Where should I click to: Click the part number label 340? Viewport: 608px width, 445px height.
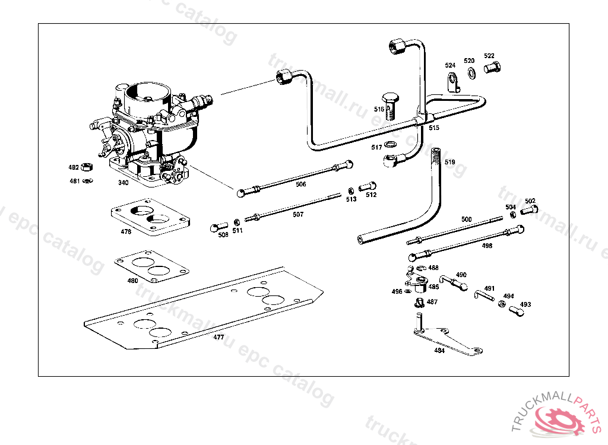[x=123, y=183]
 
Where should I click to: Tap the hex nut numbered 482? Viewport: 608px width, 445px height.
[x=87, y=167]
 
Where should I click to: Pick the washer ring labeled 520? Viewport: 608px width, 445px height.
[x=471, y=73]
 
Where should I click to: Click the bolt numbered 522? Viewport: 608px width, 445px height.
[x=492, y=68]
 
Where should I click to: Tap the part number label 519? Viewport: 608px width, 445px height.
[x=449, y=162]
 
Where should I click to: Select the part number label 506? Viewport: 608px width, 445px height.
[x=301, y=185]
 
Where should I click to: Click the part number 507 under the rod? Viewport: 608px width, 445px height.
[x=298, y=215]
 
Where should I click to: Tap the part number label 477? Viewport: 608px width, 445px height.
[x=219, y=337]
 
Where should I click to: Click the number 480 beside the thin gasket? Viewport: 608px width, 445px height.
[x=132, y=281]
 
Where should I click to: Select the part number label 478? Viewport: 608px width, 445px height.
[x=126, y=232]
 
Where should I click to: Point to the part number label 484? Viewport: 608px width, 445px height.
[x=439, y=350]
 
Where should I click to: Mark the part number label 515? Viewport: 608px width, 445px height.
[x=434, y=128]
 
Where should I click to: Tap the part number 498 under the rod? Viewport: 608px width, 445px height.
[x=487, y=244]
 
